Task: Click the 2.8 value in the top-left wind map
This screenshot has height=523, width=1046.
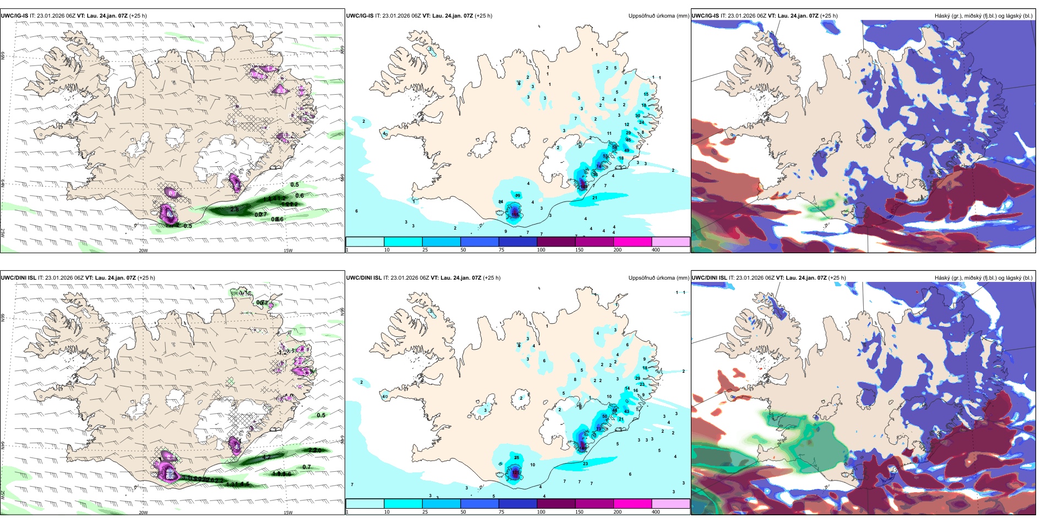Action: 235,209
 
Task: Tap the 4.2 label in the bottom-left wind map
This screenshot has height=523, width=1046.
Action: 266,457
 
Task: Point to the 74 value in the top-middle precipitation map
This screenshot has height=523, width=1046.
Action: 599,166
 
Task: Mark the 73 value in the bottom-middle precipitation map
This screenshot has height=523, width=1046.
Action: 599,428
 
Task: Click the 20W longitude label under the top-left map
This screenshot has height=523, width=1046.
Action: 143,250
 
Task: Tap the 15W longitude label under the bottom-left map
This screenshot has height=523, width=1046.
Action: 288,513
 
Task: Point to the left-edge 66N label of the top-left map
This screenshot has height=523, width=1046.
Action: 3,56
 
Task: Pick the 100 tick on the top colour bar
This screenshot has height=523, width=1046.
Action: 541,250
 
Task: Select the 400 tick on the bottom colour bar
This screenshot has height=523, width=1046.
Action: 656,512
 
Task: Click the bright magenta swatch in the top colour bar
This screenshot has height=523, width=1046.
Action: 633,242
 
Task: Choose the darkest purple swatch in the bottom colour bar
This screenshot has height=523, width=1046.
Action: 556,504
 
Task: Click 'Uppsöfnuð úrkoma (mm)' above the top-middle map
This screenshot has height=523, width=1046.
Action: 658,16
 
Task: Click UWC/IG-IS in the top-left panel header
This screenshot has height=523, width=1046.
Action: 14,16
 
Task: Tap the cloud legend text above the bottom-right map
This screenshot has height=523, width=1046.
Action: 983,278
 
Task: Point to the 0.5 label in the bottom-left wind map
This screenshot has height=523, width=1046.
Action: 321,415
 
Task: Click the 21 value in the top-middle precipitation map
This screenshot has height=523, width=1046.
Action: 595,198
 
